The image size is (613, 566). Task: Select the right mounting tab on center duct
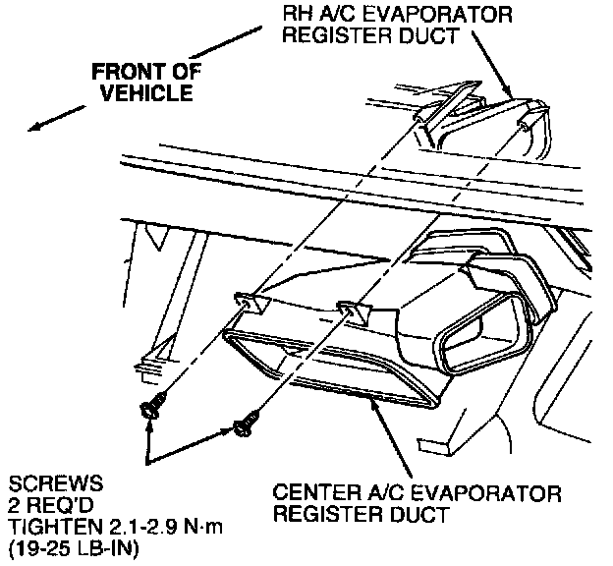coord(351,313)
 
